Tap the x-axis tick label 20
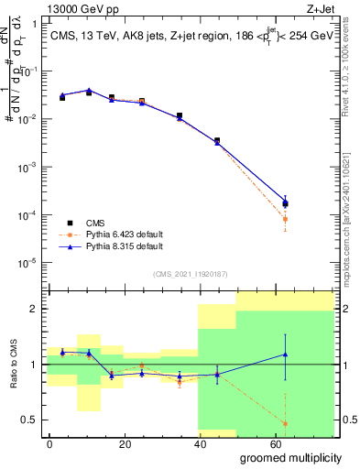[x=140, y=443]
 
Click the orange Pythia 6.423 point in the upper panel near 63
[x=286, y=220]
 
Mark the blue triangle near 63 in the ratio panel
[x=286, y=354]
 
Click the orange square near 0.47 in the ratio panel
[x=286, y=423]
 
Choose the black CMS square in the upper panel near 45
[x=217, y=141]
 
